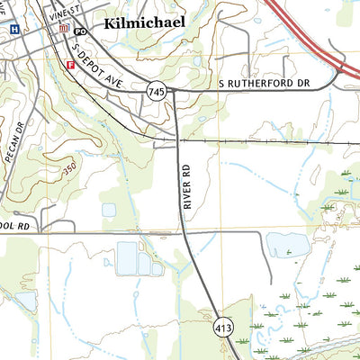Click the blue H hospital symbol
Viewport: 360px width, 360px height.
[x=13, y=29]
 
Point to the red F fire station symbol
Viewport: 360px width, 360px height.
[x=70, y=64]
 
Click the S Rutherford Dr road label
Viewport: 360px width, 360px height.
[x=264, y=84]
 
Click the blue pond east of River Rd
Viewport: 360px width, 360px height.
[x=286, y=245]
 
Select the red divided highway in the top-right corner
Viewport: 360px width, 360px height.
[x=310, y=36]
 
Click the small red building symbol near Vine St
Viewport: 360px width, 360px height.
[x=63, y=29]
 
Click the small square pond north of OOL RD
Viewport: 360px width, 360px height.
[x=109, y=210]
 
